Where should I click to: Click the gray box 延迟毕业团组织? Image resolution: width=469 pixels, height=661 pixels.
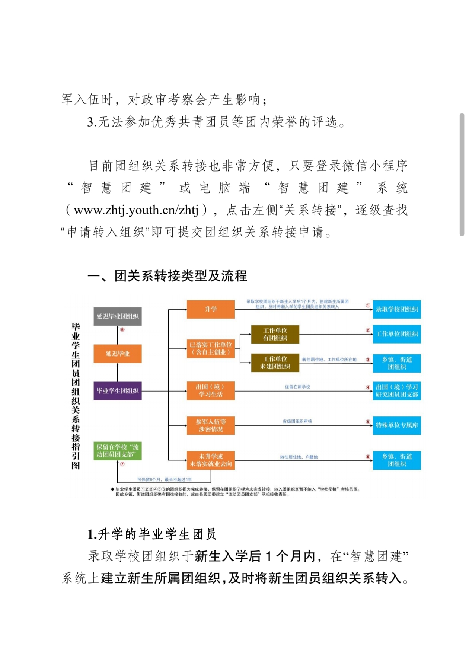click(x=117, y=316)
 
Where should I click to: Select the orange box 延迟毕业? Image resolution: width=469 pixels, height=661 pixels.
click(x=117, y=354)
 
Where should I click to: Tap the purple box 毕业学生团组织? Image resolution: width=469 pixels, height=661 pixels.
click(x=117, y=391)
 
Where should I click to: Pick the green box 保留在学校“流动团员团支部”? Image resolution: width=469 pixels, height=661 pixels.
click(x=117, y=451)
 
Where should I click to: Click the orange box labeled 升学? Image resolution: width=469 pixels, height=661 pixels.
click(x=211, y=309)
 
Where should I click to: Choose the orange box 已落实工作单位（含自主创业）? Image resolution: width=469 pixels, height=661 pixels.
click(x=211, y=349)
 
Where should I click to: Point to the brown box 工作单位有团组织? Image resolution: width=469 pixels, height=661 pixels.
click(x=275, y=334)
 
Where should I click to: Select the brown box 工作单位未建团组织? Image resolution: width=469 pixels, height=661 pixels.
click(x=275, y=363)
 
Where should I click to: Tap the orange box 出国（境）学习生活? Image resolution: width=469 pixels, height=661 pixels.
click(x=211, y=391)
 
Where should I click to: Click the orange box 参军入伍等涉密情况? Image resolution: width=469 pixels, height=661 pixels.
click(x=211, y=425)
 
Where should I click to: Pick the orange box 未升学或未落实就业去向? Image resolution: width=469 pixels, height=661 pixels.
click(x=211, y=460)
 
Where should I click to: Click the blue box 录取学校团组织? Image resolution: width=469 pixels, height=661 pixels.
click(x=397, y=309)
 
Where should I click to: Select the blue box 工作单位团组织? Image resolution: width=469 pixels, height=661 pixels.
click(x=397, y=334)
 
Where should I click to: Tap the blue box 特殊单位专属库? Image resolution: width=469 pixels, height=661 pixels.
click(x=397, y=425)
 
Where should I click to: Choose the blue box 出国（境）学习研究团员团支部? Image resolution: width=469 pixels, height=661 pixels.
click(x=397, y=391)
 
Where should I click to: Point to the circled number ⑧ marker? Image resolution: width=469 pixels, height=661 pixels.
click(x=122, y=330)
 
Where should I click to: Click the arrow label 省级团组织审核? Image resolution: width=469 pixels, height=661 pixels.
click(x=297, y=421)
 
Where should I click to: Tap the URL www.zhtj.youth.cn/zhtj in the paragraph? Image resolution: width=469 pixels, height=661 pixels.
click(x=136, y=210)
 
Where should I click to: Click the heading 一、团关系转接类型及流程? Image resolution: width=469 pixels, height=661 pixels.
click(x=167, y=276)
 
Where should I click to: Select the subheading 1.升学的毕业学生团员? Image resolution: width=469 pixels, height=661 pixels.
click(x=152, y=534)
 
